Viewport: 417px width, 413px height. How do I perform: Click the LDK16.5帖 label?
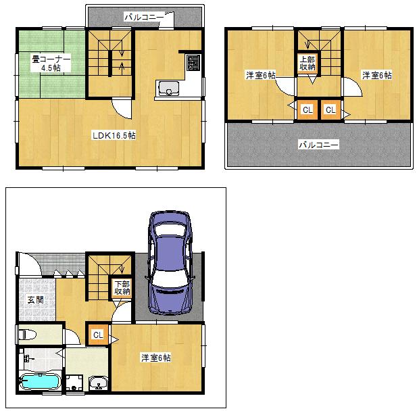tap(114, 135)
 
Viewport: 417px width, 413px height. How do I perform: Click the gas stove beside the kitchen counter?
tap(193, 63)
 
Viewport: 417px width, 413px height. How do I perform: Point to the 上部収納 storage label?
tap(308, 63)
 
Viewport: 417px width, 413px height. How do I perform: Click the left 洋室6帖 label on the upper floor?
tap(260, 75)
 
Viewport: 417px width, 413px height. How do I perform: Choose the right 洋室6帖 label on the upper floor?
tap(376, 75)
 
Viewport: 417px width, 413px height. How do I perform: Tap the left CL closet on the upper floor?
tap(307, 110)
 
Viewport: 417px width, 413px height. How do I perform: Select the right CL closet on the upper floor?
tap(330, 110)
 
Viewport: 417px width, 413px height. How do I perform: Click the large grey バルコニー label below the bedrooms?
tap(318, 145)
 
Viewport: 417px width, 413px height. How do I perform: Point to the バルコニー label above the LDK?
tap(143, 16)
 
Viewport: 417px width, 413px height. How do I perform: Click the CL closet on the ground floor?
tap(98, 334)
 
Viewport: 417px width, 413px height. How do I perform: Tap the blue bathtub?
tap(40, 383)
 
